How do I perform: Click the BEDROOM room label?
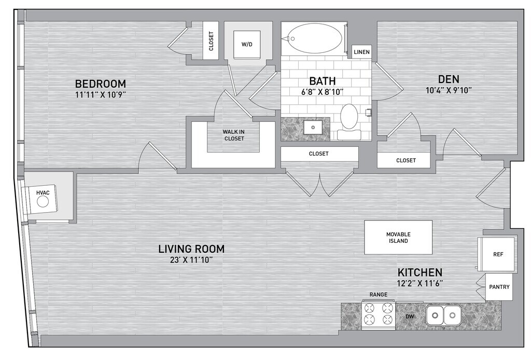tap(100, 84)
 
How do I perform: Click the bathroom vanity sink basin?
tap(313, 128)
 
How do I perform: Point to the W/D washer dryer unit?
tap(247, 45)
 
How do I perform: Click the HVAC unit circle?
tap(43, 202)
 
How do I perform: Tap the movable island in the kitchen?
tap(398, 238)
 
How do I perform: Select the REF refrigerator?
tap(497, 254)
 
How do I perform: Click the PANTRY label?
tap(499, 287)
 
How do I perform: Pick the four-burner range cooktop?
tap(378, 314)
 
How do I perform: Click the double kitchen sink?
tap(443, 315)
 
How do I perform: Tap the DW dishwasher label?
tap(410, 316)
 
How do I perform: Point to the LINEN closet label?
tap(361, 52)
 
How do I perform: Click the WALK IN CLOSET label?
tap(234, 135)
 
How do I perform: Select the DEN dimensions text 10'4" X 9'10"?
tap(449, 90)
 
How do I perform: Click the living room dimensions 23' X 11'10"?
tap(192, 260)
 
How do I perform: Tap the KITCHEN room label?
tap(420, 272)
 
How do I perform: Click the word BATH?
tap(323, 81)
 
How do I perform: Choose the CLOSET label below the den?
tap(406, 160)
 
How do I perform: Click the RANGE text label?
tap(378, 295)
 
